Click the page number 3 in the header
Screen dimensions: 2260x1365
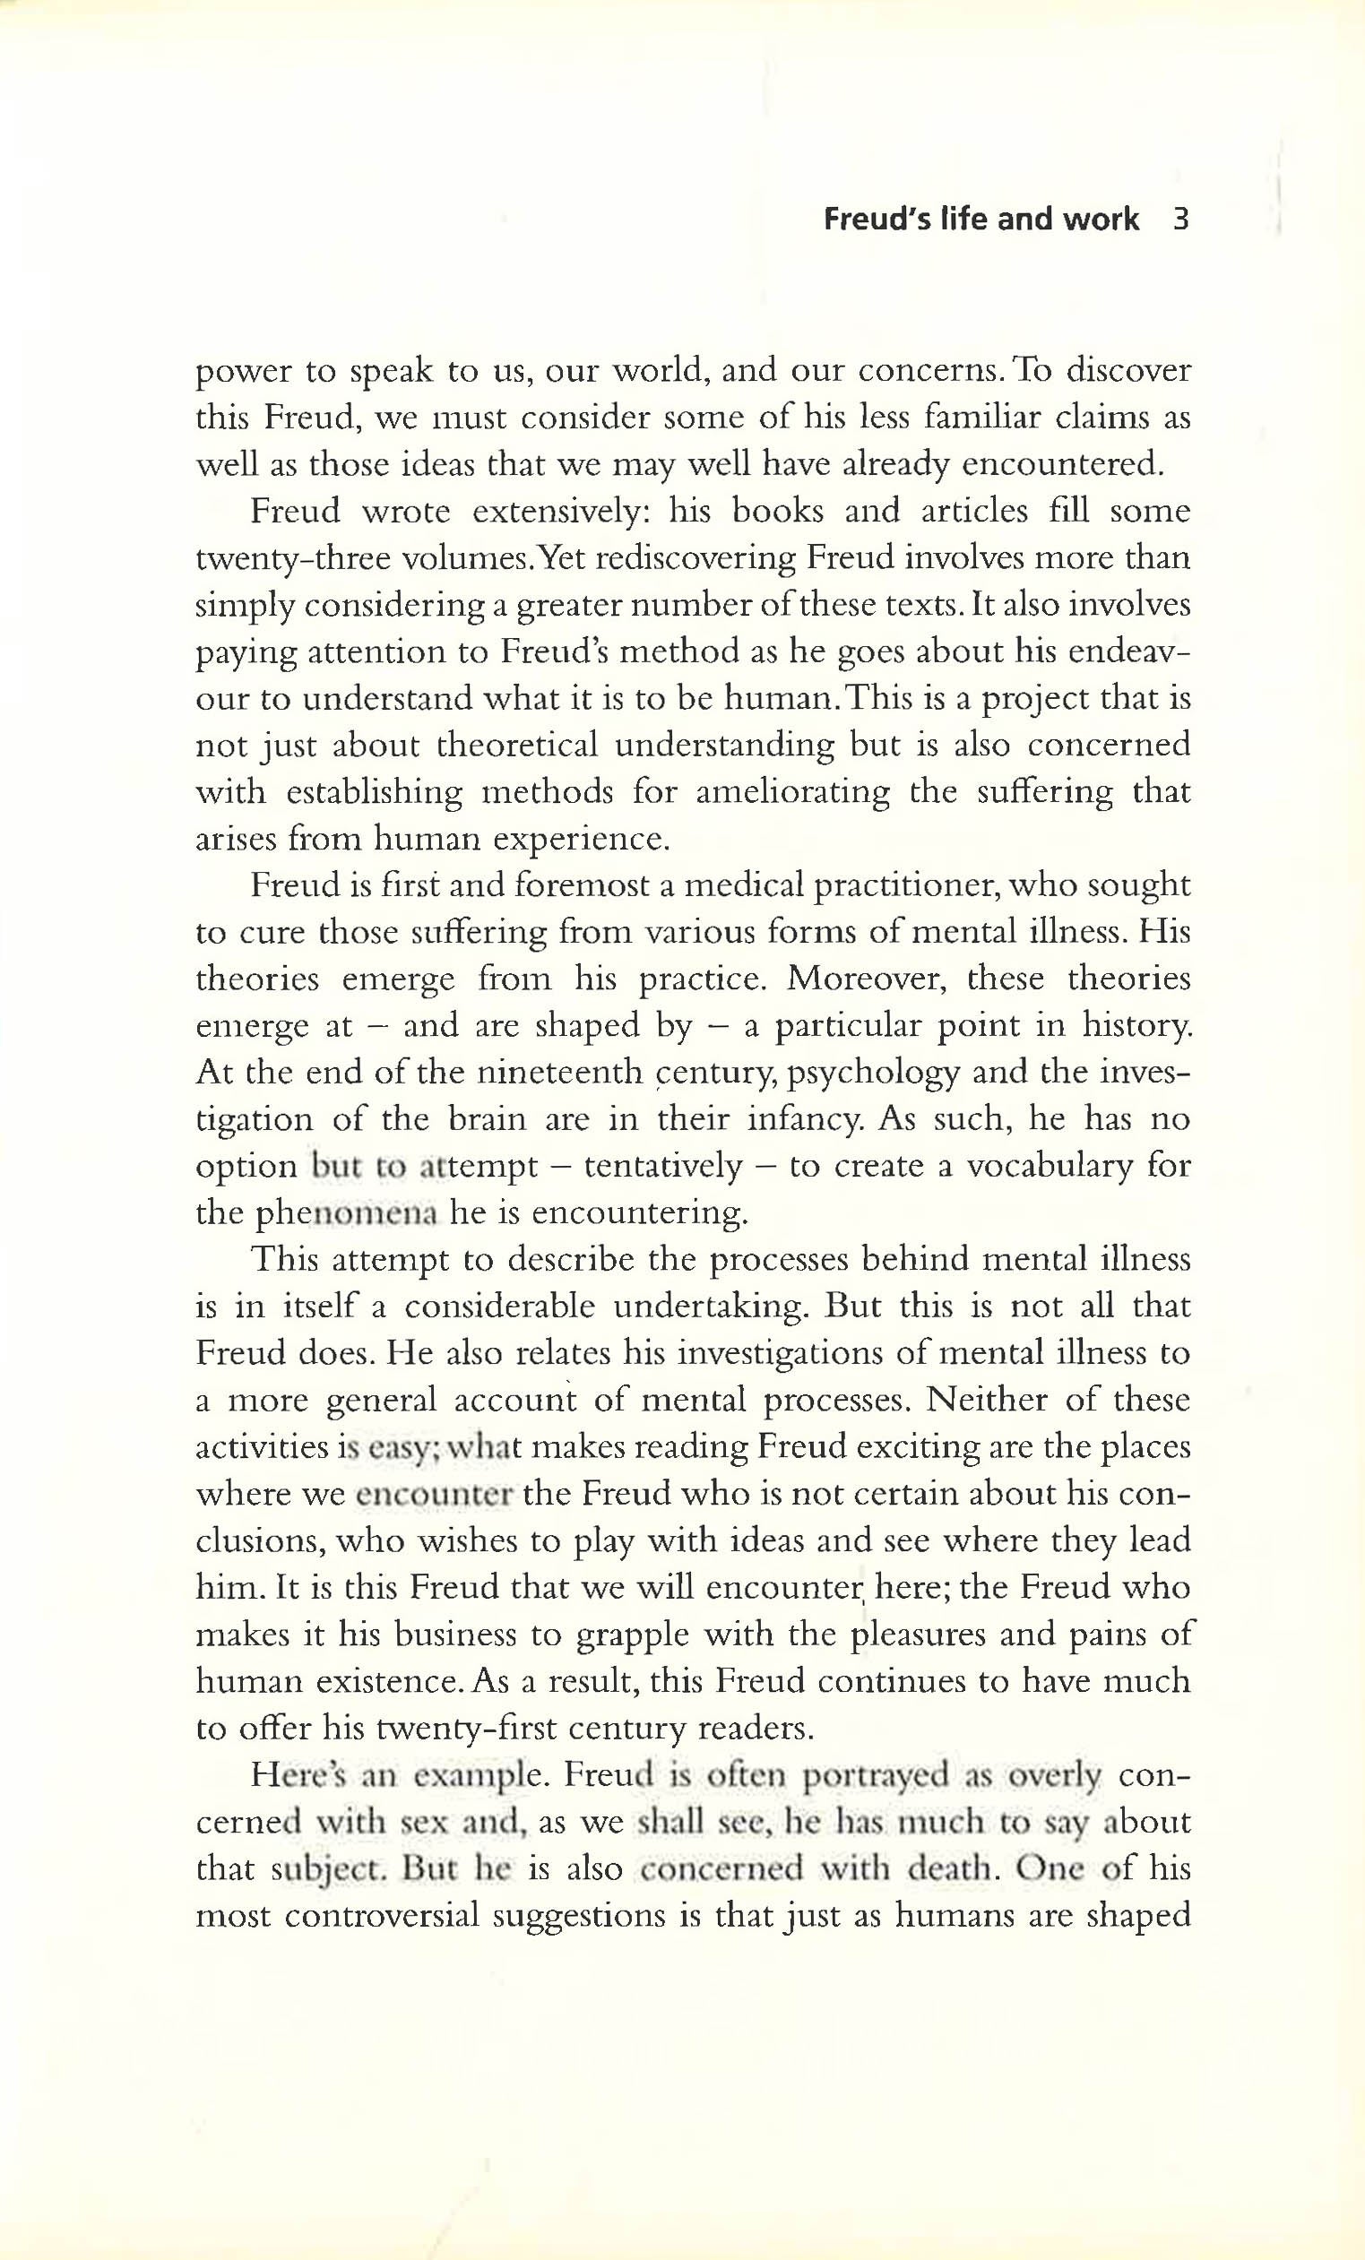1180,220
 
